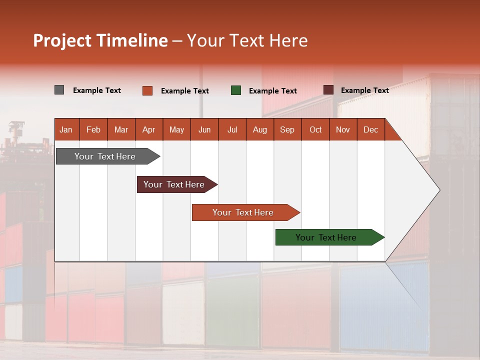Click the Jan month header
[x=66, y=129]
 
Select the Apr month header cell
[x=149, y=129]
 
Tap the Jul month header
[x=232, y=129]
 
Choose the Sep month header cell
[x=287, y=129]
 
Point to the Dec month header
[x=370, y=129]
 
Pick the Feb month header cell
[x=93, y=129]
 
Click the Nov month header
[x=343, y=129]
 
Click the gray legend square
[x=59, y=90]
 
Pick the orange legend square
[x=147, y=90]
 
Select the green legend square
[x=236, y=90]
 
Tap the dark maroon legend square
[x=328, y=90]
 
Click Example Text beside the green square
[x=273, y=91]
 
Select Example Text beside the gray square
[x=97, y=90]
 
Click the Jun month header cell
[x=204, y=129]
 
